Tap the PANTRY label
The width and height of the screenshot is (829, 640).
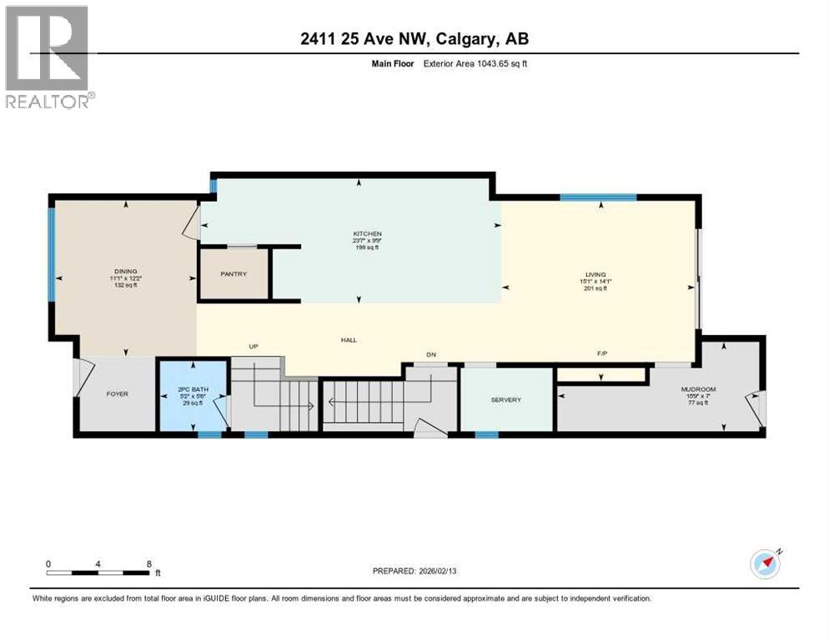(233, 273)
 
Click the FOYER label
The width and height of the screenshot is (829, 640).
(117, 393)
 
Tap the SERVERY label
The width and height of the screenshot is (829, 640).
(505, 400)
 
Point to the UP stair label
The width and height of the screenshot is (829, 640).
(254, 345)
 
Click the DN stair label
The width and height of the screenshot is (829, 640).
(431, 355)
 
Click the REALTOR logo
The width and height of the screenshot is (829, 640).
(49, 57)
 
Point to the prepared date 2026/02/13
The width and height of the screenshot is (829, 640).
(414, 571)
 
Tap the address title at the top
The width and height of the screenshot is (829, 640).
(414, 38)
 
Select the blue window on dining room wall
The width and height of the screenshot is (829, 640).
(52, 254)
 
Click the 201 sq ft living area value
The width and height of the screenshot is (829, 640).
(595, 288)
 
